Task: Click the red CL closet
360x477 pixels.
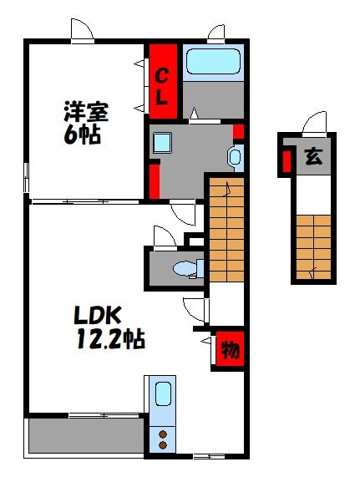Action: tap(163, 83)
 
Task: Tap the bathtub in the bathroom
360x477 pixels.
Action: tap(212, 62)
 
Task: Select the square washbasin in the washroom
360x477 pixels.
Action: tap(162, 143)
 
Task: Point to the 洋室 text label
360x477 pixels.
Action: tap(87, 111)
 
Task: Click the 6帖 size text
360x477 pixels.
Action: tap(83, 134)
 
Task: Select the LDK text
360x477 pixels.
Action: tap(98, 316)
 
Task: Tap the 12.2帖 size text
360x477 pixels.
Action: tap(109, 339)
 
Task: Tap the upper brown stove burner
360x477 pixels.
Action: tap(163, 433)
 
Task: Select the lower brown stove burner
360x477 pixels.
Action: tap(163, 445)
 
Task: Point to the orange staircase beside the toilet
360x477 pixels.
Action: tap(226, 230)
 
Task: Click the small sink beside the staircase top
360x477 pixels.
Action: tap(235, 155)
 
